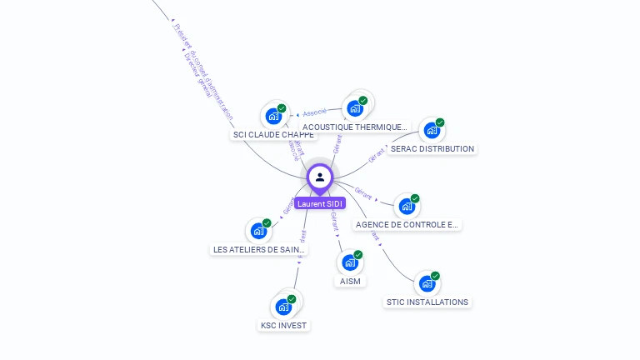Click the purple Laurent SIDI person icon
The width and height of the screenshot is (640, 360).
(x=320, y=177)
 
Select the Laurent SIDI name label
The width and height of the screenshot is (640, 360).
(x=320, y=203)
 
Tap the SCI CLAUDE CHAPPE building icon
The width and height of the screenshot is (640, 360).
(x=272, y=117)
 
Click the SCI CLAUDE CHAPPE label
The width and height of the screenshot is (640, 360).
(x=273, y=134)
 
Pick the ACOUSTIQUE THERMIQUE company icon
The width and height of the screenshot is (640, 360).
(x=355, y=108)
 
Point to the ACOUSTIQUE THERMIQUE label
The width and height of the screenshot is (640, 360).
(x=356, y=127)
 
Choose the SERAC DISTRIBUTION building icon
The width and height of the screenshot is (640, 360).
(x=431, y=130)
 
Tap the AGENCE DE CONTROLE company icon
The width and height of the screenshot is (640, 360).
(x=406, y=206)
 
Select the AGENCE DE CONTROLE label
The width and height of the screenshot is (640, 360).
(x=407, y=224)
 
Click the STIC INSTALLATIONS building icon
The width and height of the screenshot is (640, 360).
(x=427, y=283)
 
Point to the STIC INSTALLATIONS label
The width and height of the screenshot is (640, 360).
(x=427, y=302)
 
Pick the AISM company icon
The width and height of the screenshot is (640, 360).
(x=349, y=262)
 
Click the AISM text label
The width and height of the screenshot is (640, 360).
(x=350, y=281)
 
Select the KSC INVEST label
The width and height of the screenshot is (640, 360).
(x=283, y=325)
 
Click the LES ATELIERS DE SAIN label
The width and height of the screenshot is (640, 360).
(x=259, y=249)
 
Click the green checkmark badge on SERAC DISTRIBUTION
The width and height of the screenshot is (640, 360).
(x=440, y=122)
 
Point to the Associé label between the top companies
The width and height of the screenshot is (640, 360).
(x=315, y=112)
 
